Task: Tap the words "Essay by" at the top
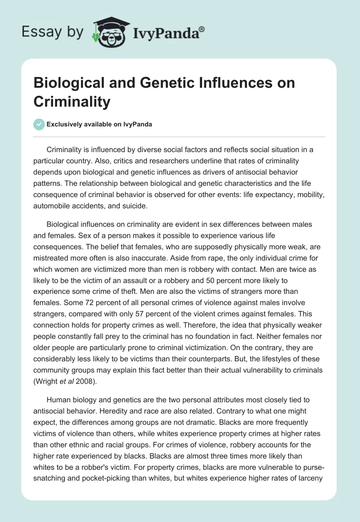pyautogui.click(x=53, y=32)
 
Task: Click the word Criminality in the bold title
pyautogui.click(x=72, y=101)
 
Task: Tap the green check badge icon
pyautogui.click(x=39, y=124)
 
